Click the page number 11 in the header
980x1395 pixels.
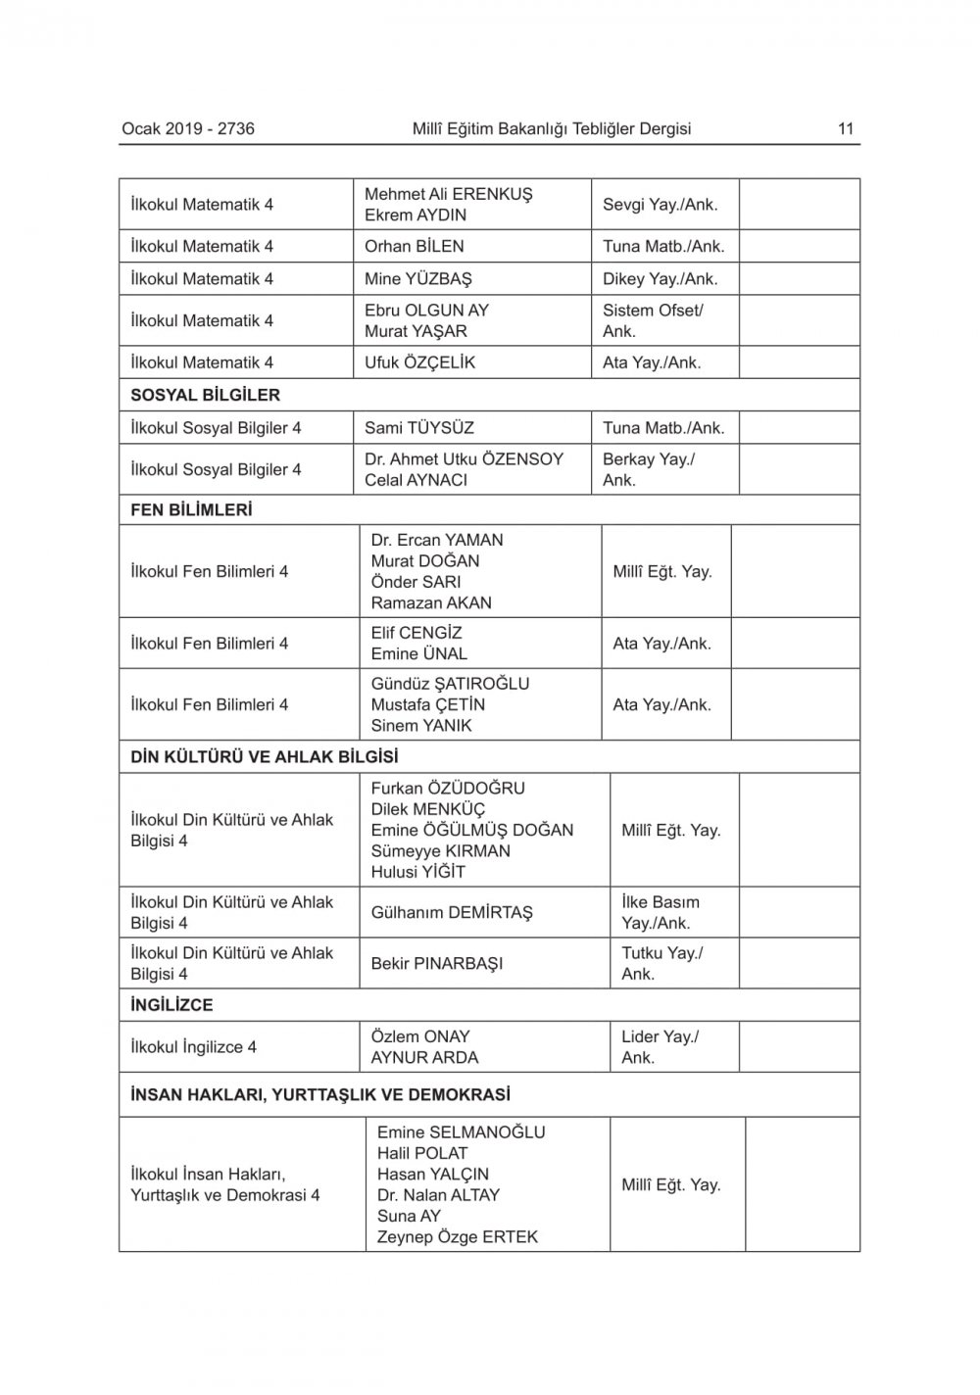[x=846, y=128]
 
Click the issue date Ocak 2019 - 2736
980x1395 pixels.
[x=188, y=128]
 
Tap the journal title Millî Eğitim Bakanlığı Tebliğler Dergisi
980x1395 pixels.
[x=552, y=128]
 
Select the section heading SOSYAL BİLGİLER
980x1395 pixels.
[x=205, y=395]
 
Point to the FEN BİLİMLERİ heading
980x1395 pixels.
[x=191, y=509]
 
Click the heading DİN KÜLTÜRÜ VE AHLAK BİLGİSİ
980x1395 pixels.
[x=265, y=756]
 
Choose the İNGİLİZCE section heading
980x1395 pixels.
[x=171, y=1004]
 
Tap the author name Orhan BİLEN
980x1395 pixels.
[x=415, y=246]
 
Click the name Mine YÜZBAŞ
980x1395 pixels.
[x=417, y=278]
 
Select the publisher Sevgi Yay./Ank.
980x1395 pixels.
[x=660, y=205]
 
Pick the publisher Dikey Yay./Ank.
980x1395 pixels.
[x=660, y=278]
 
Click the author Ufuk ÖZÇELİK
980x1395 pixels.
[x=419, y=361]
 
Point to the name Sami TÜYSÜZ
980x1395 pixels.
[x=419, y=427]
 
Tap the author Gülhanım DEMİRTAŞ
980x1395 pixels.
[x=452, y=912]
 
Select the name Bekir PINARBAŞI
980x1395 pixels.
[x=437, y=963]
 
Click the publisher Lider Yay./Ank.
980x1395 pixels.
[x=660, y=1046]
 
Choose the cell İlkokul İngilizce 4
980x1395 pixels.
[x=194, y=1046]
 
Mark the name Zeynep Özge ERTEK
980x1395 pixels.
[x=458, y=1236]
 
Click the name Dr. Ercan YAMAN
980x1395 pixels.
[x=437, y=540]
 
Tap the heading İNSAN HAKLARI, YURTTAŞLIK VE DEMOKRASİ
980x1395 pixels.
[x=320, y=1094]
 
